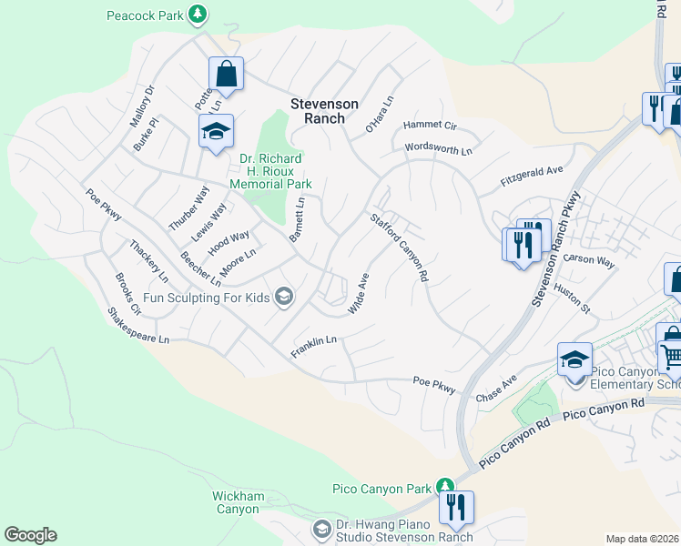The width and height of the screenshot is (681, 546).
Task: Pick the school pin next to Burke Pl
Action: (216, 132)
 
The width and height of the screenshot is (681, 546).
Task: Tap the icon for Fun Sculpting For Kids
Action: (285, 296)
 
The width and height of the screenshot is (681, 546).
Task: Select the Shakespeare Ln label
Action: (138, 325)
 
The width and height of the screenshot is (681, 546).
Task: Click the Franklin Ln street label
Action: (314, 346)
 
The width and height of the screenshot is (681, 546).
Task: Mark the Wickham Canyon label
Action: (239, 502)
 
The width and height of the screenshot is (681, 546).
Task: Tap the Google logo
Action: (30, 535)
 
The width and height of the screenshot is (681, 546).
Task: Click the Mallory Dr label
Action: (143, 106)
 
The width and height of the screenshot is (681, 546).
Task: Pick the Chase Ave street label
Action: (496, 389)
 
